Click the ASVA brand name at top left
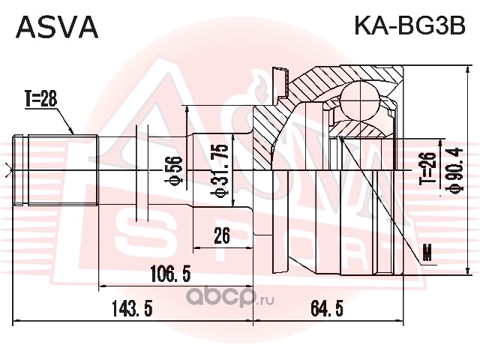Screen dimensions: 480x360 coord(57,27)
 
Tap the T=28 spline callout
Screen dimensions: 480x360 coord(41,99)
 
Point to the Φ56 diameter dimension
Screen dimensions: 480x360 coord(173,170)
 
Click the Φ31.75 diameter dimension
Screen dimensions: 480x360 coord(221,170)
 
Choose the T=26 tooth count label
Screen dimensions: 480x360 coord(427,168)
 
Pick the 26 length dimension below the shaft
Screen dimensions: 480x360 coord(222,235)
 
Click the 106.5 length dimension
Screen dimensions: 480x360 coord(170,274)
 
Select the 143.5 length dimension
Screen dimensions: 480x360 coord(132,308)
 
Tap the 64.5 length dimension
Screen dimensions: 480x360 coord(327,308)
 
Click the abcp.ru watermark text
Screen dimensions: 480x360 coord(230,296)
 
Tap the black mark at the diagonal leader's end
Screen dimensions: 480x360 coord(427,253)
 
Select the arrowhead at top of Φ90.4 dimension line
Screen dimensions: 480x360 coord(467,71)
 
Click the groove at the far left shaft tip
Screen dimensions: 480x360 coord(18,170)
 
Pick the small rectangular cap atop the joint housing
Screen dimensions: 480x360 coord(280,82)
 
